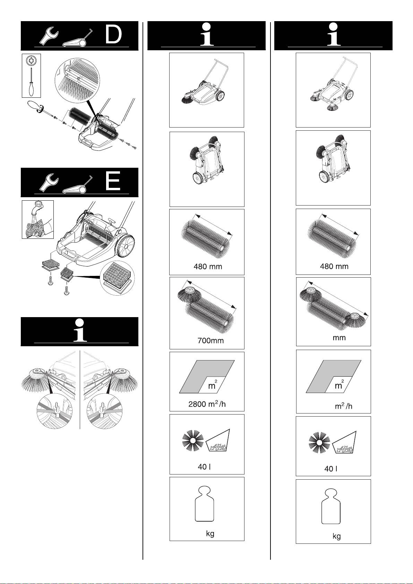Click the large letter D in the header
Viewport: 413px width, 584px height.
pyautogui.click(x=114, y=34)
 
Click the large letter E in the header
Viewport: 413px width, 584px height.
pyautogui.click(x=113, y=181)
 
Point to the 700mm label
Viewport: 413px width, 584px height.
pyautogui.click(x=210, y=340)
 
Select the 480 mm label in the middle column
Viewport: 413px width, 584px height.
pyautogui.click(x=208, y=267)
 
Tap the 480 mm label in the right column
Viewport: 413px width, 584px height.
pyautogui.click(x=334, y=266)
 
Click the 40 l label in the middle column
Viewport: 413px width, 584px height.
pyautogui.click(x=204, y=467)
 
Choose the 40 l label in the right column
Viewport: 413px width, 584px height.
pyautogui.click(x=330, y=469)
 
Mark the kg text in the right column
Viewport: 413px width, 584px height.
pyautogui.click(x=337, y=536)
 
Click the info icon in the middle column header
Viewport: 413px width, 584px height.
pyautogui.click(x=207, y=34)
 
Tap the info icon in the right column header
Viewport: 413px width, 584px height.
pyautogui.click(x=334, y=34)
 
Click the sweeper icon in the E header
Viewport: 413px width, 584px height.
pyautogui.click(x=77, y=185)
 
